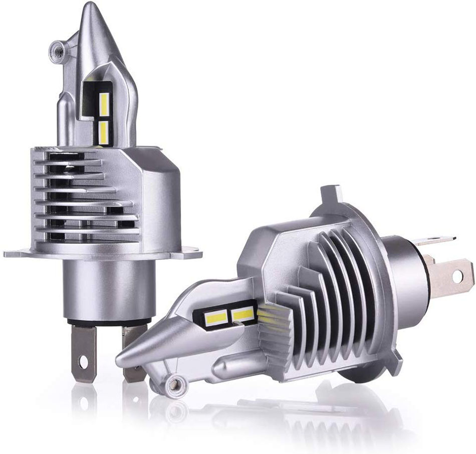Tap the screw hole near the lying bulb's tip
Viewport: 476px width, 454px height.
(x=176, y=383)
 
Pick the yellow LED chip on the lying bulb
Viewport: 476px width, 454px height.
(x=243, y=315)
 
